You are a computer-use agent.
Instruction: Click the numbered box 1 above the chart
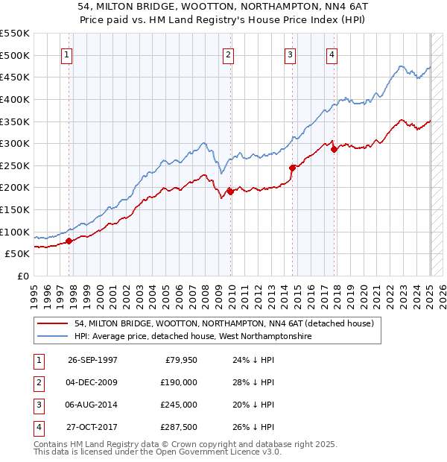coord(68,54)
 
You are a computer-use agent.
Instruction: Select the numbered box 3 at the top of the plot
coord(290,54)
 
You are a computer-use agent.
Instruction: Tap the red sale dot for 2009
coord(230,192)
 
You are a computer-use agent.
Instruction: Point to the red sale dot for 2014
coord(293,168)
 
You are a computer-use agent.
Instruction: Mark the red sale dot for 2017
coord(335,149)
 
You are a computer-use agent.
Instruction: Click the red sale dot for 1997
coord(69,241)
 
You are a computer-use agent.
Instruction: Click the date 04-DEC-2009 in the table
coord(92,382)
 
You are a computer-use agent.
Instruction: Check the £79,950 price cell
coord(179,360)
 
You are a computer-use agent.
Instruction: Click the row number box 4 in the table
coord(37,427)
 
